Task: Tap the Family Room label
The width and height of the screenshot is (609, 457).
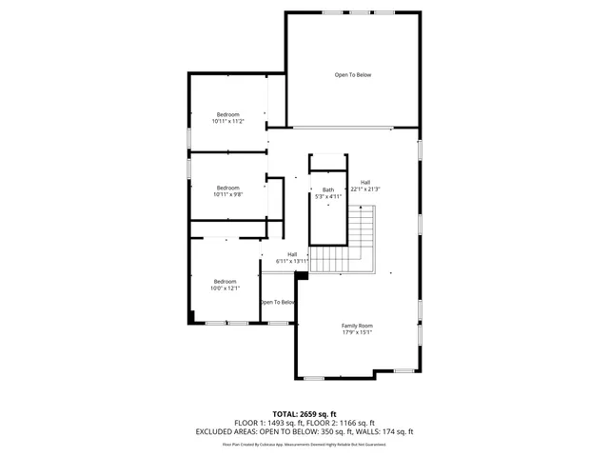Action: [357, 326]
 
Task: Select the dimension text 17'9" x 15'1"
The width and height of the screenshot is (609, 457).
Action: [357, 332]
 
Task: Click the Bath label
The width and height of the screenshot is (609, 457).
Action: [328, 189]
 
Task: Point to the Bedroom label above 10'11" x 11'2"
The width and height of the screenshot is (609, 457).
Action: [227, 114]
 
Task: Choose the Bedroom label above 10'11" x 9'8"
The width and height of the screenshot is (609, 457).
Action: [227, 188]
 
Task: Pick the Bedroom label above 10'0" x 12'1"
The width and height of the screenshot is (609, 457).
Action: [225, 281]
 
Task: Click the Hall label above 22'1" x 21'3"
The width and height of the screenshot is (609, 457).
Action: [365, 183]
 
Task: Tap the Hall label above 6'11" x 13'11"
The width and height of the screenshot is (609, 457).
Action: [293, 254]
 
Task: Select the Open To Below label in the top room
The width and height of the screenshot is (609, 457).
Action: [352, 74]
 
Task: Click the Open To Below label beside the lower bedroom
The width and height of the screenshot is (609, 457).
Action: [278, 303]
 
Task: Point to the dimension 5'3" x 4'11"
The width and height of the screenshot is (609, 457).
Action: [327, 196]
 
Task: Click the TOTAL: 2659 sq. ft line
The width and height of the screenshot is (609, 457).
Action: [304, 414]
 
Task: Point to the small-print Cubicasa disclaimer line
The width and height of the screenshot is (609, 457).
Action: [304, 444]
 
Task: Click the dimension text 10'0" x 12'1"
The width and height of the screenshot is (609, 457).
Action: [225, 288]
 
